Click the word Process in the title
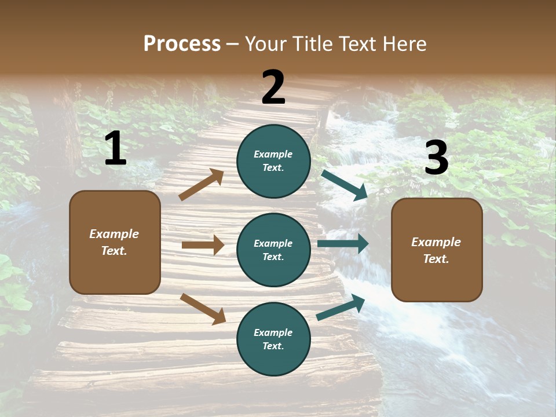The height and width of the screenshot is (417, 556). (182, 43)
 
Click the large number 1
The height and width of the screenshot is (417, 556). (115, 148)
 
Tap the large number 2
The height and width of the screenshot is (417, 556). (273, 87)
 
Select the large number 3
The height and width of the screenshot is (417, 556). (436, 158)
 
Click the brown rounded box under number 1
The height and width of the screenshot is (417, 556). (115, 242)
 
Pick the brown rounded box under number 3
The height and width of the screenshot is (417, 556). (437, 250)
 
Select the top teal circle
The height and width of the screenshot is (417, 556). (273, 161)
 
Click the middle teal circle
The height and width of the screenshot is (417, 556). (273, 250)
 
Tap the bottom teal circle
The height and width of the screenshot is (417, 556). (273, 339)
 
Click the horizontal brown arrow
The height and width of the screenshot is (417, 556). (203, 245)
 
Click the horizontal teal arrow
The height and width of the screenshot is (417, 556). (343, 244)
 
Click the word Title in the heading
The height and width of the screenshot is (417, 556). (313, 43)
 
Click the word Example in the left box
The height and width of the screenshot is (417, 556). (114, 234)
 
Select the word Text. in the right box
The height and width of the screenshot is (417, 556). (436, 259)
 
